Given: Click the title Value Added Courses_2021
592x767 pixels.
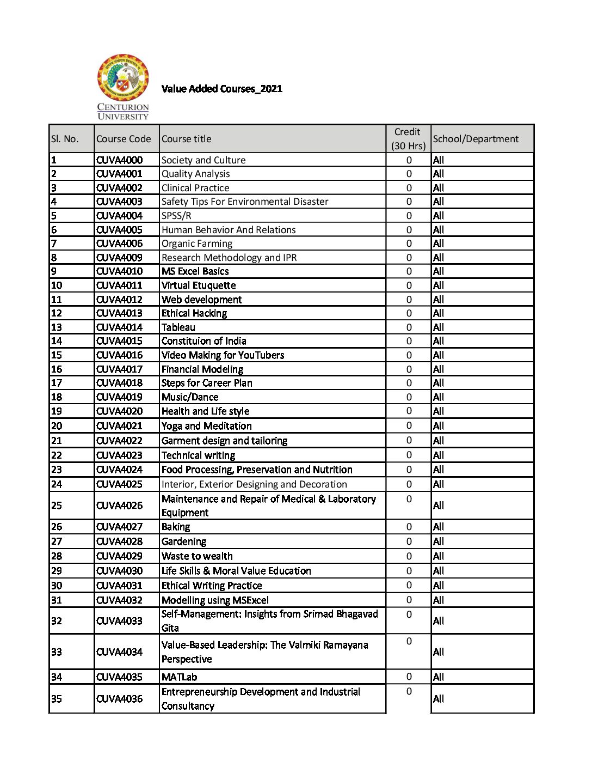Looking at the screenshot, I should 222,89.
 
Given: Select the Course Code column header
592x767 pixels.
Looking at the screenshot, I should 124,139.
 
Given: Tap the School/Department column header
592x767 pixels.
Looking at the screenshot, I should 476,139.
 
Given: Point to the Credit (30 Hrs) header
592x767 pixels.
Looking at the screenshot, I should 408,139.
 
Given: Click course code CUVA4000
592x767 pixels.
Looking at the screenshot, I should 119,160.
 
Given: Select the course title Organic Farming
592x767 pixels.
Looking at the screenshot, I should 197,244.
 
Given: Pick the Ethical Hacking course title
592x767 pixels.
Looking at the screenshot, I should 194,313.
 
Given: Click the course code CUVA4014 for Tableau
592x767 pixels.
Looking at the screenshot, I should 119,327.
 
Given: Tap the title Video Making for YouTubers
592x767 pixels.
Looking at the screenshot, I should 223,355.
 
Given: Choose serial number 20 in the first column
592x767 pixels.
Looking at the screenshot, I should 57,426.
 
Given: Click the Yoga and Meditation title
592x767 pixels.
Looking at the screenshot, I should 207,426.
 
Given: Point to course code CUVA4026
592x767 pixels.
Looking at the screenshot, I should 119,506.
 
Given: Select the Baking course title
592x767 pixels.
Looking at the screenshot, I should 176,527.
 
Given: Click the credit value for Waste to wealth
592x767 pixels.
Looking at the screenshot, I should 409,556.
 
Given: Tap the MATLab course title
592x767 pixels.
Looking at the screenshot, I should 180,677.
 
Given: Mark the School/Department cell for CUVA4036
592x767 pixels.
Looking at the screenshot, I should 439,699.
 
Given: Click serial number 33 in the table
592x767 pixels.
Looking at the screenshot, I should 57,652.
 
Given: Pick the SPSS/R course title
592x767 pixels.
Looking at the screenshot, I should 176,216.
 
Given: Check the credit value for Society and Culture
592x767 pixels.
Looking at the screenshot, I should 409,160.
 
